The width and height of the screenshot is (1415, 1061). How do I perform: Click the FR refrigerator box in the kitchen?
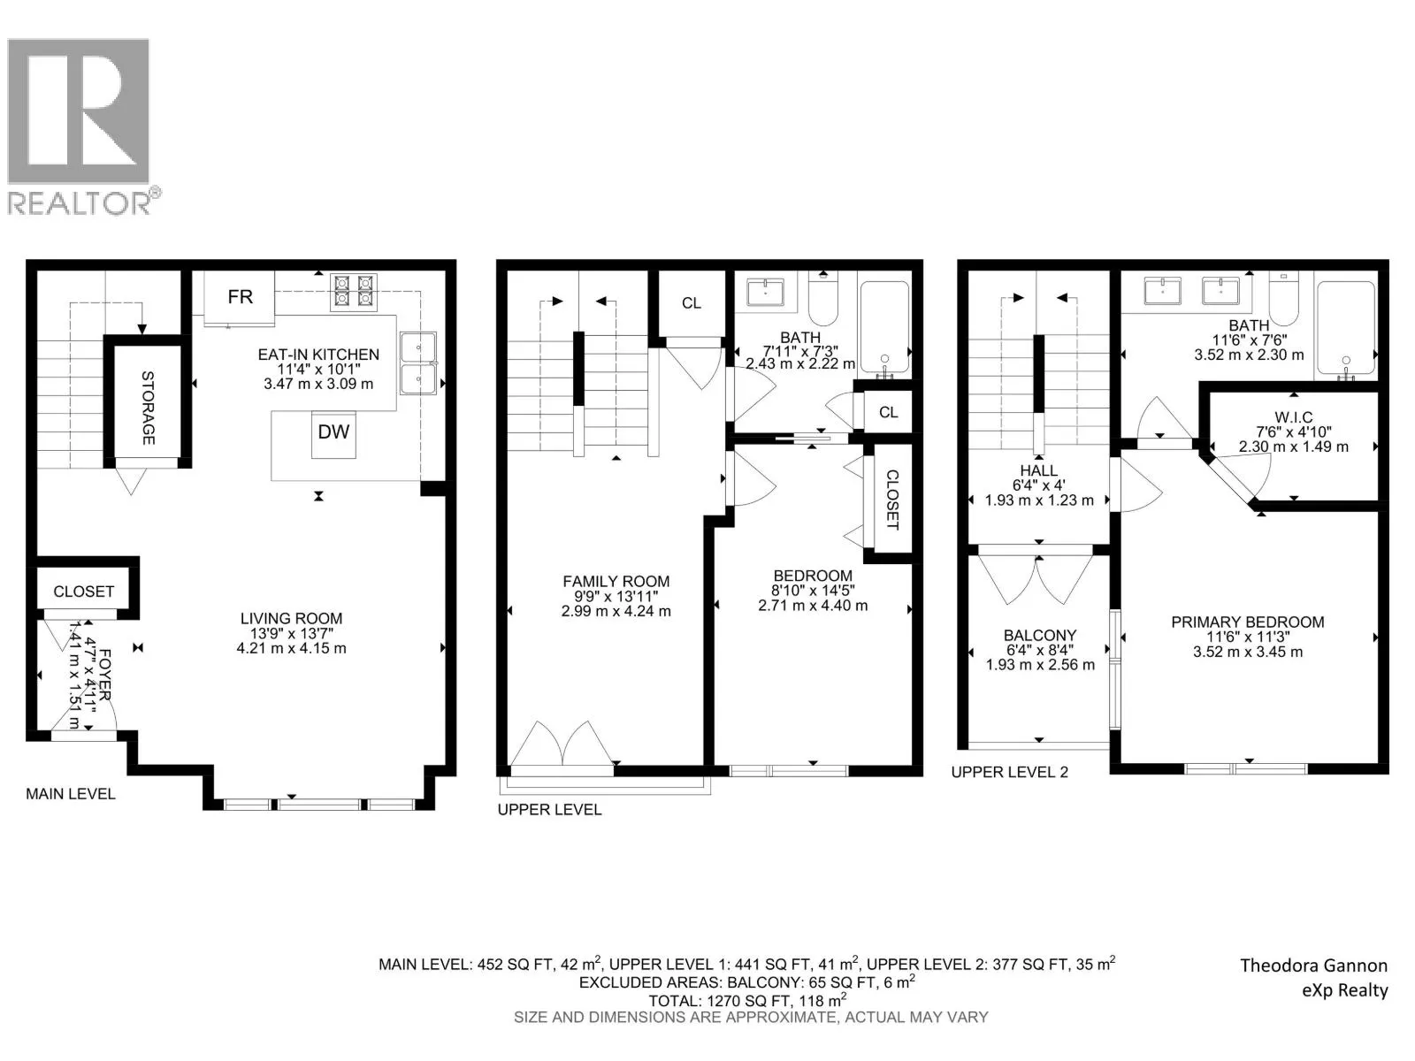pyautogui.click(x=239, y=297)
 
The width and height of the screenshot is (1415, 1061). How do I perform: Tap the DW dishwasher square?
pyautogui.click(x=333, y=435)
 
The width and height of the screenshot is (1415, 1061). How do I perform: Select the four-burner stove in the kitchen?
pyautogui.click(x=353, y=293)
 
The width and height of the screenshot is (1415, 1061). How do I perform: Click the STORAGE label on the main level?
pyautogui.click(x=148, y=408)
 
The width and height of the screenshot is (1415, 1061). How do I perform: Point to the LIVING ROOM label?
pyautogui.click(x=291, y=618)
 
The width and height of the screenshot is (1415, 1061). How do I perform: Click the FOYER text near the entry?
pyautogui.click(x=105, y=675)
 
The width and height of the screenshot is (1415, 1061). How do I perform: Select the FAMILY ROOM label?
pyautogui.click(x=616, y=581)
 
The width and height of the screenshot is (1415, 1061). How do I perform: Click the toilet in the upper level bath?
pyautogui.click(x=822, y=300)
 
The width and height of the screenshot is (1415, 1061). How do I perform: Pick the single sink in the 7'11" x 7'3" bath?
pyautogui.click(x=765, y=292)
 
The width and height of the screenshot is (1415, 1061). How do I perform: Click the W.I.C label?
pyautogui.click(x=1293, y=417)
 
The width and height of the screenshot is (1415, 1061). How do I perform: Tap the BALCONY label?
pyautogui.click(x=1039, y=635)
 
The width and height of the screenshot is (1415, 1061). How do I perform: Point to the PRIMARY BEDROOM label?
pyautogui.click(x=1247, y=622)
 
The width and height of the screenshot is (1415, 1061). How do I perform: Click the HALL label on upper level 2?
pyautogui.click(x=1038, y=471)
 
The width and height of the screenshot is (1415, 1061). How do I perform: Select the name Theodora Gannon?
pyautogui.click(x=1314, y=966)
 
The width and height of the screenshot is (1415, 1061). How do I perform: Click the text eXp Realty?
pyautogui.click(x=1345, y=990)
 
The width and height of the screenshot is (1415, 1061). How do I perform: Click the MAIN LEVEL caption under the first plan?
pyautogui.click(x=70, y=794)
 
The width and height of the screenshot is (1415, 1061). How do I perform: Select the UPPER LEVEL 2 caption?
pyautogui.click(x=1010, y=772)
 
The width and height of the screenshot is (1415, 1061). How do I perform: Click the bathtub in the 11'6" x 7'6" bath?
pyautogui.click(x=1346, y=328)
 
